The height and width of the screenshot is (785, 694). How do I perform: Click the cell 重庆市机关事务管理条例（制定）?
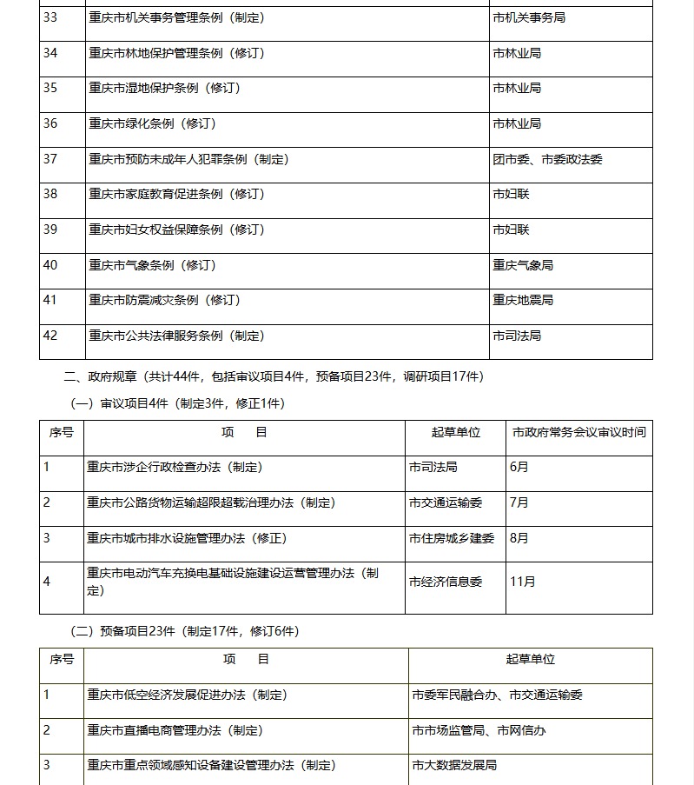[176, 17]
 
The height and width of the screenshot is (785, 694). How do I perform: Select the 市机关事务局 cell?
[528, 17]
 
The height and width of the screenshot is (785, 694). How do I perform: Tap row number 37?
[50, 159]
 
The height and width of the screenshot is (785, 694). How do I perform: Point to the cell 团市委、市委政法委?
[547, 159]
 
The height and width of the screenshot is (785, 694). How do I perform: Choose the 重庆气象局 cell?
[523, 265]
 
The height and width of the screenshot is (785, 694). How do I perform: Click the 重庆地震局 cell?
[523, 301]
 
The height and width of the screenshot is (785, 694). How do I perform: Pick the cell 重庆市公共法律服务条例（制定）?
[176, 336]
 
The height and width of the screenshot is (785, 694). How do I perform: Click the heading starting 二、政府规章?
[274, 376]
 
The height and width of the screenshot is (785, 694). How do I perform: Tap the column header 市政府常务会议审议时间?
[578, 432]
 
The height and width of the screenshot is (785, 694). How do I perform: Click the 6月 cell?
[519, 467]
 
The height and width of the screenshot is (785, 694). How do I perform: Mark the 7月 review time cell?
[519, 502]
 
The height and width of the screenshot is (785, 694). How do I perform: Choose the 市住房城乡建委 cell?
[451, 538]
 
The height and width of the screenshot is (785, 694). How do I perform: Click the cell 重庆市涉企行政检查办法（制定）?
[175, 467]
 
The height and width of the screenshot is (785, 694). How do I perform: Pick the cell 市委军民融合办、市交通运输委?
[497, 695]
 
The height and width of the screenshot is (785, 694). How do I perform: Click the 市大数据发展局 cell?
[454, 766]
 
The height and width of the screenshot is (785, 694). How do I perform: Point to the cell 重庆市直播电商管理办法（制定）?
[175, 730]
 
